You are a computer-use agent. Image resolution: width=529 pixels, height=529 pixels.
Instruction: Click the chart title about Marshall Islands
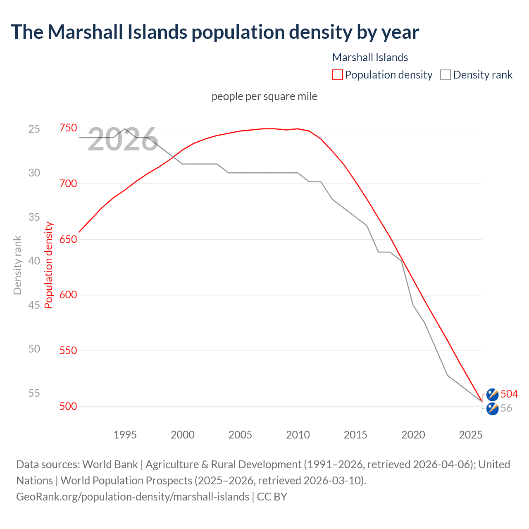[215, 32]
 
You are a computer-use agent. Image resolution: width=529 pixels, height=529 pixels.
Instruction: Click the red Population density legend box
[338, 75]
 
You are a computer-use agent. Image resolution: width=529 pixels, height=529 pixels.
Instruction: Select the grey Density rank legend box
[445, 75]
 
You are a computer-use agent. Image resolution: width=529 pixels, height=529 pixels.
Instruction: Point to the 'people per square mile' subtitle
[264, 96]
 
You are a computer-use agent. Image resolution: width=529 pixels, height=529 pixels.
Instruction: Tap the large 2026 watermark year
[123, 140]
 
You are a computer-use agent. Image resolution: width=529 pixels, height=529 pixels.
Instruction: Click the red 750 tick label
[68, 128]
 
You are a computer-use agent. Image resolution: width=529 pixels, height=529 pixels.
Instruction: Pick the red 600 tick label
[68, 295]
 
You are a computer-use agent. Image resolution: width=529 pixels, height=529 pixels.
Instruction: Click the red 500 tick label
[68, 406]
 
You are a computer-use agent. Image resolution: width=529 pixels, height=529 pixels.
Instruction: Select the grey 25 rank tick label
[34, 129]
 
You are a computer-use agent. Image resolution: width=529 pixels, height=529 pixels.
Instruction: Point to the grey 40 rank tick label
[34, 261]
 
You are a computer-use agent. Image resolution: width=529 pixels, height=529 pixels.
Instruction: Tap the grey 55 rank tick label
[34, 393]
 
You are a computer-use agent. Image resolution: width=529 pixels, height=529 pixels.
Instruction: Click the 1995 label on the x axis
[125, 435]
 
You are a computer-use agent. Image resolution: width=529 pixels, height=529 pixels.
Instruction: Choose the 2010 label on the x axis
[298, 435]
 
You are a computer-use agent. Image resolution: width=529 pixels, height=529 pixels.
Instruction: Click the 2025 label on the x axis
[471, 435]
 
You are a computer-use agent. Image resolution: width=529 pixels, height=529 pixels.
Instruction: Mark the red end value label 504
[509, 394]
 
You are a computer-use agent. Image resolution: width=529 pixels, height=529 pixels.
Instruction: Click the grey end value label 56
[506, 408]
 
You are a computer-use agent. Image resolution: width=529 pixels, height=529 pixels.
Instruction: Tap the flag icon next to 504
[492, 394]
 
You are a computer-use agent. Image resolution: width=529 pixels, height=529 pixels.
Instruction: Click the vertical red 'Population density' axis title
[49, 265]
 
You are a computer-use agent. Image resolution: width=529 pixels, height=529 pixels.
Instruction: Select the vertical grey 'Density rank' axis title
[17, 265]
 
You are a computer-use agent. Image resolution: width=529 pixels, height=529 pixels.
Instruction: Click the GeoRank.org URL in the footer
[133, 496]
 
